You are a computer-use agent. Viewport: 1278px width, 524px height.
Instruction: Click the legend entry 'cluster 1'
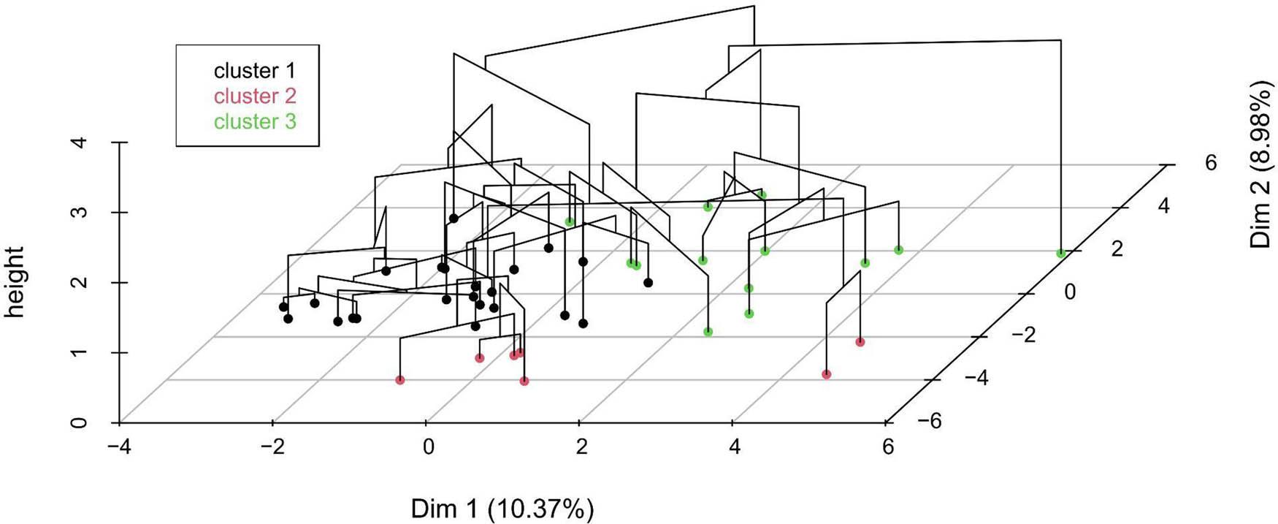coord(255,71)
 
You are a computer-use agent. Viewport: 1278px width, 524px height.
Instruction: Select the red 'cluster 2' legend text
coord(255,96)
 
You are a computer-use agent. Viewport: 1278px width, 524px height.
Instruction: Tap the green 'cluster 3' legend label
coord(255,121)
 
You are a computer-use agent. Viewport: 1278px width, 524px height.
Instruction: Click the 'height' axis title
coord(15,282)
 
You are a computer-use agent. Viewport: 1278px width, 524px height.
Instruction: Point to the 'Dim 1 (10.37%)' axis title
coord(502,509)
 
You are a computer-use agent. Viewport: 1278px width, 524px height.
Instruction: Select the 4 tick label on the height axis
coord(83,142)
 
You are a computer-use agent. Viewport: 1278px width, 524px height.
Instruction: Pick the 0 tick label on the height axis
coord(83,422)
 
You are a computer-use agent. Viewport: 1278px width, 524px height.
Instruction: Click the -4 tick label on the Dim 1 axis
coord(118,446)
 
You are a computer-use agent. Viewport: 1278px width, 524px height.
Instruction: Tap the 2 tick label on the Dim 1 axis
coord(581,446)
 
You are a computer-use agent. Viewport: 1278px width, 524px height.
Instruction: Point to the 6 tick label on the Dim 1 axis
coord(887,446)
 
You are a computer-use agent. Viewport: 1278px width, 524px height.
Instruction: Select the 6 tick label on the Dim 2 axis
coord(1211,162)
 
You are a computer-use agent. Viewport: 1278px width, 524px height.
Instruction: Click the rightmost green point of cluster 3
coord(1060,253)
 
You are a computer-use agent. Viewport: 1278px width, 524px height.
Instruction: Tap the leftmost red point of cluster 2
coord(399,379)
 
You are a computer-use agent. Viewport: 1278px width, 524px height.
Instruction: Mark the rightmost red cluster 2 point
coord(860,341)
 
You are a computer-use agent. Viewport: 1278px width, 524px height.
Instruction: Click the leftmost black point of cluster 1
coord(283,307)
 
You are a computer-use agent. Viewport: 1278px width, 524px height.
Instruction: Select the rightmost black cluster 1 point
coord(648,282)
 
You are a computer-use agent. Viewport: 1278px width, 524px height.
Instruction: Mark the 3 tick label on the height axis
coord(83,212)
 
